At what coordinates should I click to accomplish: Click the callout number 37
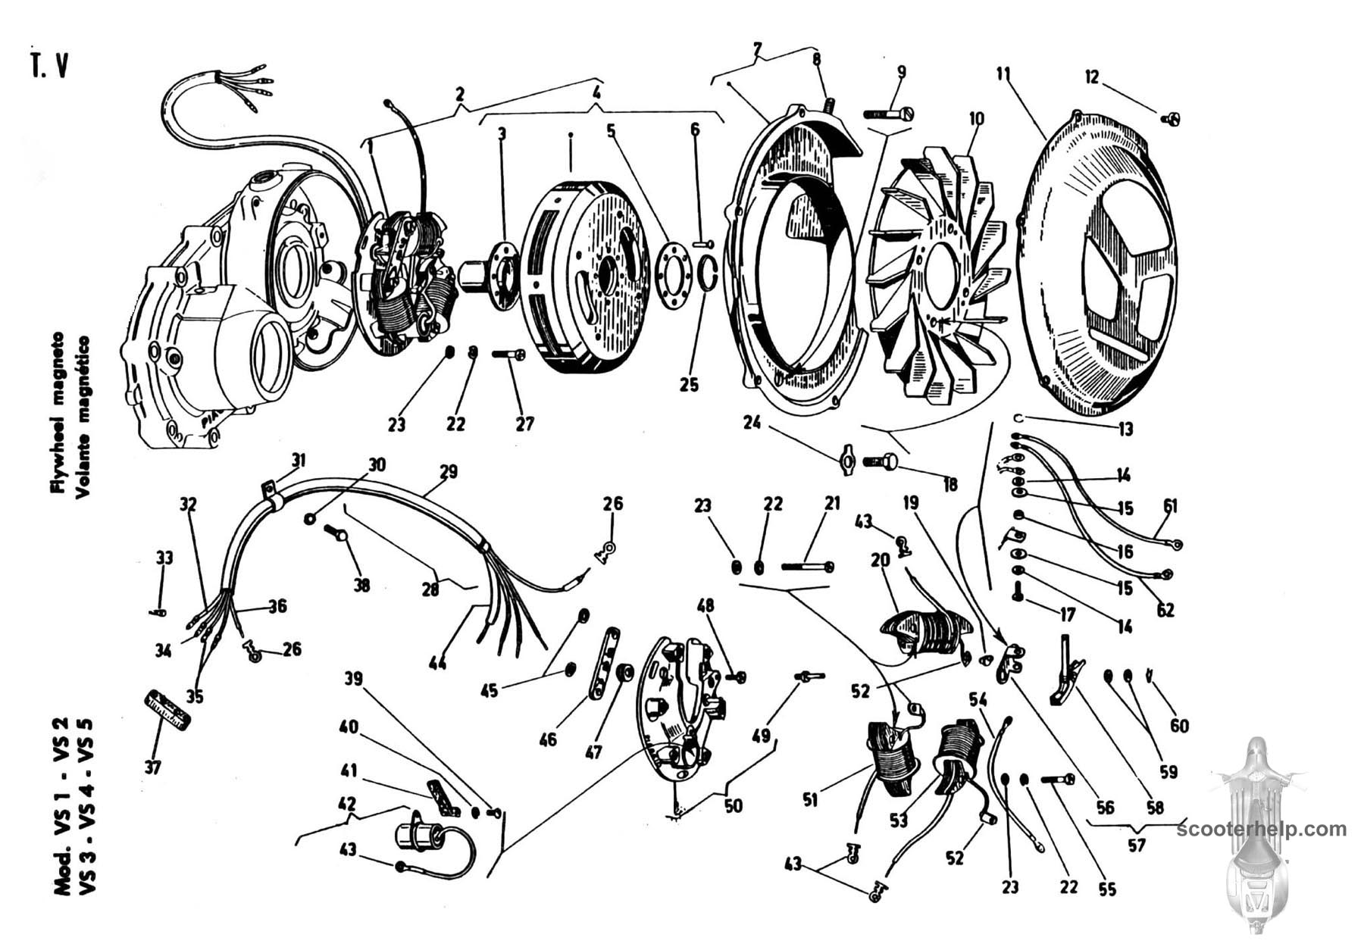click(x=153, y=767)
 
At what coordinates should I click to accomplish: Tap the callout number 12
click(x=1092, y=77)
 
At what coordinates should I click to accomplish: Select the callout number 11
click(x=1004, y=74)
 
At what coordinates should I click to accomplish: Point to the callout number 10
click(x=976, y=120)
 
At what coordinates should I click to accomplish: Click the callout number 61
click(x=1171, y=506)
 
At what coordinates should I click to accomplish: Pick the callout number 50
click(x=733, y=805)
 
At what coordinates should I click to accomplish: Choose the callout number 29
click(x=449, y=472)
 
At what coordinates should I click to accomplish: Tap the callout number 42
click(x=347, y=803)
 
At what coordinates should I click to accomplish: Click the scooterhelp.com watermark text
click(x=1262, y=829)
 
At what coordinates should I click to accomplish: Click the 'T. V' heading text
click(x=49, y=66)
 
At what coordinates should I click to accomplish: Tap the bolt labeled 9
click(x=889, y=114)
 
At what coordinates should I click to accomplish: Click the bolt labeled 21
click(x=807, y=566)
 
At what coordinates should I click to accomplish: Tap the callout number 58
click(x=1154, y=808)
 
